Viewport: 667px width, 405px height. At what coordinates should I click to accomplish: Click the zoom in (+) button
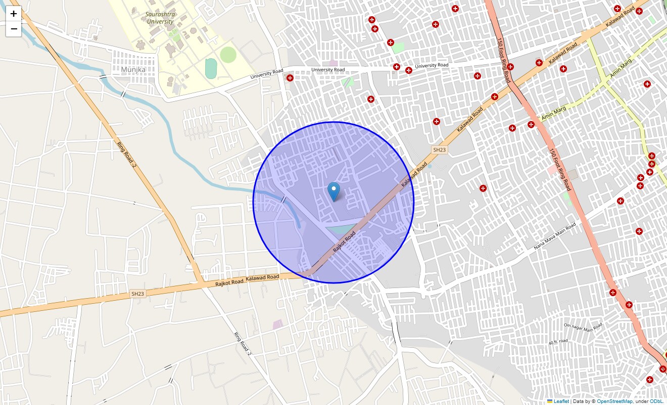pos(14,14)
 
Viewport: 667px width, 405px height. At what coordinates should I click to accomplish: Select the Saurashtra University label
pos(160,18)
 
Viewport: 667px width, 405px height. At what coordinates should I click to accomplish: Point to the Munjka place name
pos(133,69)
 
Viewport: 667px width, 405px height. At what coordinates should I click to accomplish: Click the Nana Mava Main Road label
pos(555,236)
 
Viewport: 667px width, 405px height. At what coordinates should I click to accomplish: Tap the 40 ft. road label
pos(558,342)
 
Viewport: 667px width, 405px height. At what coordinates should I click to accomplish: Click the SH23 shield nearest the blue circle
pos(439,150)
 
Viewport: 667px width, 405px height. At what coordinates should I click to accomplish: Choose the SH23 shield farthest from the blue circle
pos(138,294)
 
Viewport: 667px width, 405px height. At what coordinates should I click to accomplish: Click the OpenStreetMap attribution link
pos(614,401)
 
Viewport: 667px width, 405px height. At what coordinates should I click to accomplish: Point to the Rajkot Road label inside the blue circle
pos(344,242)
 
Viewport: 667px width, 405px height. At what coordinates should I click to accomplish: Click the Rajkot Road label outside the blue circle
pos(229,281)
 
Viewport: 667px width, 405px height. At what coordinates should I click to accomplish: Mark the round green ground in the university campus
pos(228,55)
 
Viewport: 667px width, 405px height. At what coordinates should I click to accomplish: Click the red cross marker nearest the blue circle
pos(437,121)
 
